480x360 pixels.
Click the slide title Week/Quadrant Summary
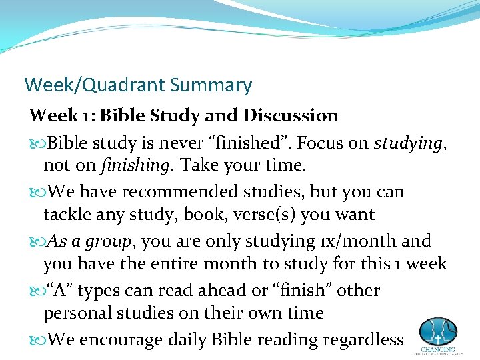pyautogui.click(x=138, y=85)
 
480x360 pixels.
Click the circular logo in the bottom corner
pyautogui.click(x=438, y=331)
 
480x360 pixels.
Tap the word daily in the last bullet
pyautogui.click(x=186, y=339)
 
